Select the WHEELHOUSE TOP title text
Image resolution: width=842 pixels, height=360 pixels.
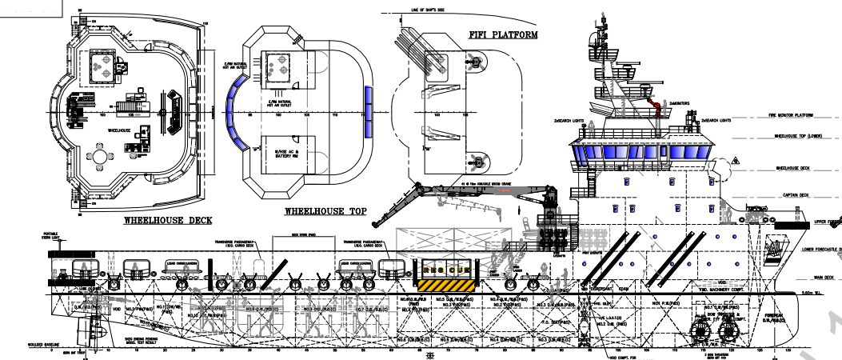coord(325,211)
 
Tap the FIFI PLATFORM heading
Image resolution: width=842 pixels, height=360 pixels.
coord(501,35)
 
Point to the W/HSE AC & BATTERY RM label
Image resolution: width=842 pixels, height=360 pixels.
coord(286,154)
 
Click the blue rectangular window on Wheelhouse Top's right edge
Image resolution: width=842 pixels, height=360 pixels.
coord(369,102)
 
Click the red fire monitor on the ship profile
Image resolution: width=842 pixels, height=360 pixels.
coord(656,105)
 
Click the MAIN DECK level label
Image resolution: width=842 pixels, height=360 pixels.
coord(824,278)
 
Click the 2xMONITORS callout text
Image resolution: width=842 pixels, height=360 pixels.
coord(680,104)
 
